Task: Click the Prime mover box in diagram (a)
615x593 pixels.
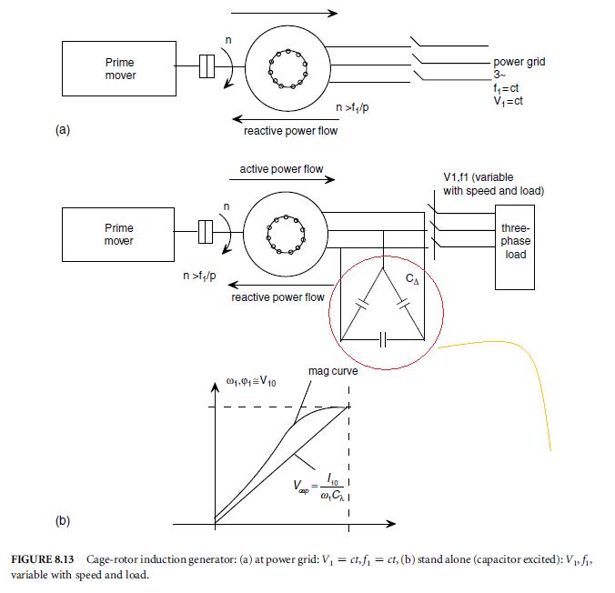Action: tap(119, 69)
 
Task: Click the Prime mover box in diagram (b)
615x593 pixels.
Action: tap(119, 235)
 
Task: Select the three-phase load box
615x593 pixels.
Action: tap(515, 241)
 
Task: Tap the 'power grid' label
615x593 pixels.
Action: tap(519, 63)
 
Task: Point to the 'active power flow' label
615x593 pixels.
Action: tap(281, 169)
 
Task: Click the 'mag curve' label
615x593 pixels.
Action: tap(332, 371)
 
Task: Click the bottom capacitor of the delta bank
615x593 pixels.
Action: tap(383, 339)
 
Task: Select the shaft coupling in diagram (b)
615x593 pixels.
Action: tap(207, 232)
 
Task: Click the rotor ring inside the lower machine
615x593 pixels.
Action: tap(285, 235)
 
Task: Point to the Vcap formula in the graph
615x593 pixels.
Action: tap(319, 491)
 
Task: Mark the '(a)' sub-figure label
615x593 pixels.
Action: tap(63, 130)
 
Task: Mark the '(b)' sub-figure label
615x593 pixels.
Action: tap(63, 521)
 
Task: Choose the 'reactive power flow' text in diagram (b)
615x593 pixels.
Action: tap(277, 297)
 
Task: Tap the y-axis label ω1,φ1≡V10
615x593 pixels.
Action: tap(251, 381)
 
